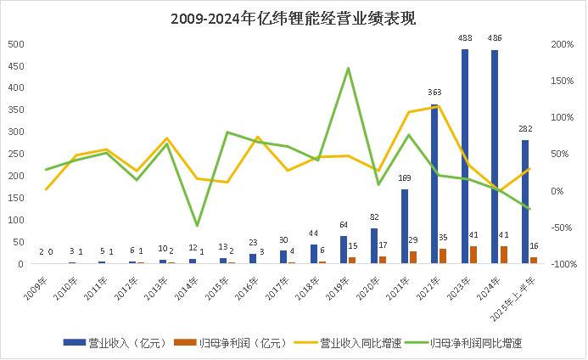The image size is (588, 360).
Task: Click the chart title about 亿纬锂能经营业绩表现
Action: [294, 18]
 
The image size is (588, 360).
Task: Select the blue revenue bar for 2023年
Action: [465, 156]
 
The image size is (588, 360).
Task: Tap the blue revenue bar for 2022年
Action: [434, 183]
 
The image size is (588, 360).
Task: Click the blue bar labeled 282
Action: [525, 202]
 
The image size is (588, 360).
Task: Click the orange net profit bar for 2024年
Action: [504, 255]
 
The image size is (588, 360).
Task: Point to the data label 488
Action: [465, 39]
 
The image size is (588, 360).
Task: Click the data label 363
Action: [434, 93]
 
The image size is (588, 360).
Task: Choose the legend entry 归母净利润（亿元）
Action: [225, 342]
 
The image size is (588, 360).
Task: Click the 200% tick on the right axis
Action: [561, 44]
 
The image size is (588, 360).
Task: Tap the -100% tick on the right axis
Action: [560, 264]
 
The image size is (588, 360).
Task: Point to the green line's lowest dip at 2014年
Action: [198, 226]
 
